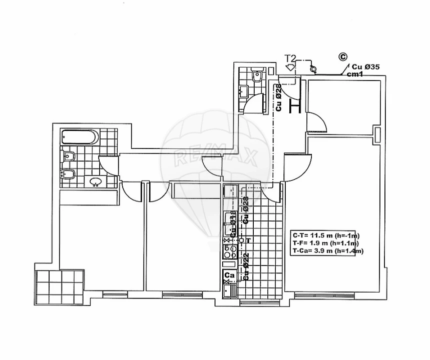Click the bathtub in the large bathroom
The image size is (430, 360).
80,136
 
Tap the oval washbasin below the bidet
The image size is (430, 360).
96,181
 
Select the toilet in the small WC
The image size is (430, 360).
257,76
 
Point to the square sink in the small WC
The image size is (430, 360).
244,91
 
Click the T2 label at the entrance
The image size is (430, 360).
290,58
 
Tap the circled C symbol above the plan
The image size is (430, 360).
343,57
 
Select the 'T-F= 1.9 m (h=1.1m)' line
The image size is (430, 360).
326,243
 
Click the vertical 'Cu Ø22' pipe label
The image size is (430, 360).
245,265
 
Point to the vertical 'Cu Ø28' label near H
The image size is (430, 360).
279,97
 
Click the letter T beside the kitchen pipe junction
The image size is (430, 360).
247,240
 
